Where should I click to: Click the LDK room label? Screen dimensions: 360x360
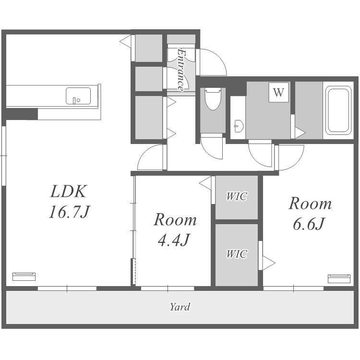[x=69, y=191]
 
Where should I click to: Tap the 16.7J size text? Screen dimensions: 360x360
[x=69, y=212]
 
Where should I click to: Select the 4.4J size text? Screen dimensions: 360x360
[x=174, y=240]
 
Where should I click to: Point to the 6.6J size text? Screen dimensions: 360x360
[x=309, y=224]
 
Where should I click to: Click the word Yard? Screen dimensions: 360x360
[x=180, y=307]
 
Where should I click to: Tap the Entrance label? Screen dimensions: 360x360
[x=181, y=70]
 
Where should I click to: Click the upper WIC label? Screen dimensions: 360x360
[x=237, y=196]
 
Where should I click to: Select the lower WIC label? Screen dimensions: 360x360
[x=237, y=254]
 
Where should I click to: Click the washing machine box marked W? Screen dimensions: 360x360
[x=278, y=92]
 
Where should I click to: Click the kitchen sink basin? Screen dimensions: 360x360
[x=78, y=96]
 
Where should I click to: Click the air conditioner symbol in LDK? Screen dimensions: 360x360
[x=24, y=276]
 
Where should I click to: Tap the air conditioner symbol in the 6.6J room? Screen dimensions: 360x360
[x=339, y=278]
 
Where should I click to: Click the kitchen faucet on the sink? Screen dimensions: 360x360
[x=74, y=101]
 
